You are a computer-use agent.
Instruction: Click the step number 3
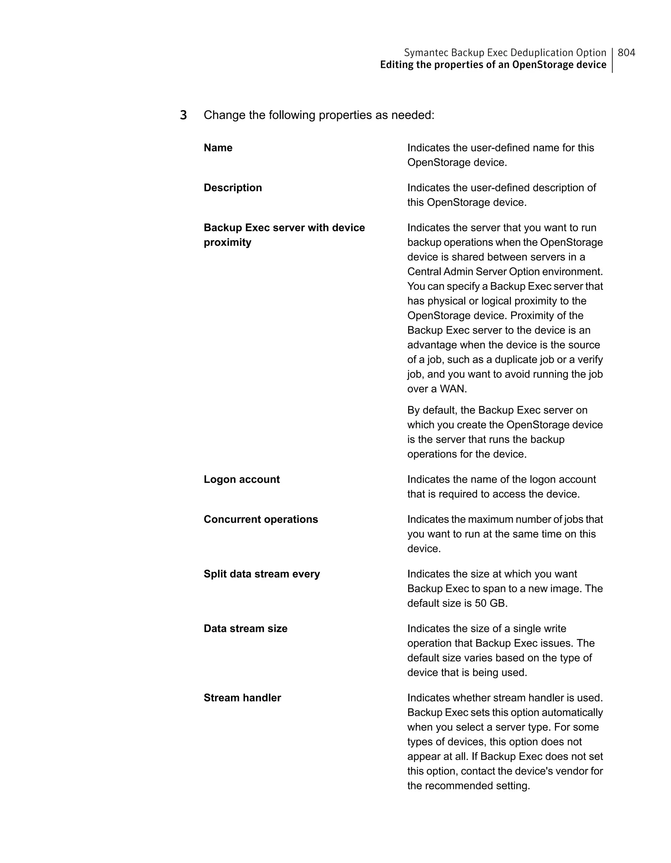[x=183, y=115]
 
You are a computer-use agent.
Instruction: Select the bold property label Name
[x=218, y=148]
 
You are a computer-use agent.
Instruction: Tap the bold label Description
[x=233, y=188]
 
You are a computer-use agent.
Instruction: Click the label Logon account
[x=242, y=479]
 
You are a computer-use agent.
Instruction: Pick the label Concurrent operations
[x=261, y=519]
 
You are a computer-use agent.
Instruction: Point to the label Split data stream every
[x=261, y=574]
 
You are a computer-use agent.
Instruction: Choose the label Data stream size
[x=245, y=628]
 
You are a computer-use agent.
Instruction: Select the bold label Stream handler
[x=242, y=697]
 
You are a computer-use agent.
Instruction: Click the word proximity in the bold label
[x=227, y=242]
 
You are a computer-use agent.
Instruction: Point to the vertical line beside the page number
[x=612, y=60]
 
